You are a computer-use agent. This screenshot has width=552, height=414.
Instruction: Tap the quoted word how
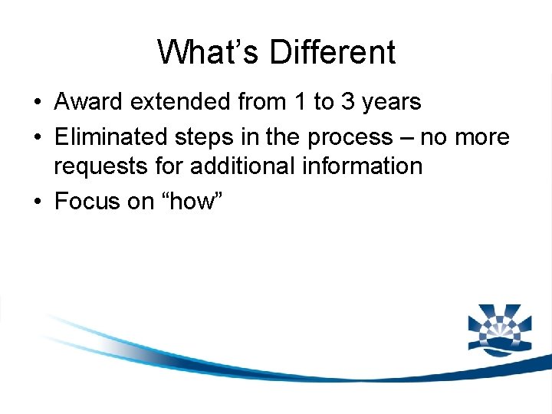coord(177,201)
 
